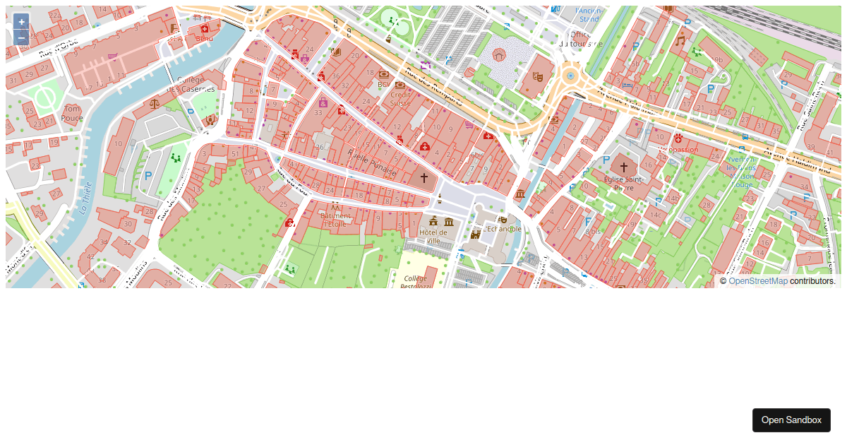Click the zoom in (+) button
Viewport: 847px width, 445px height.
pyautogui.click(x=21, y=22)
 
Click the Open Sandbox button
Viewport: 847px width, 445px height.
pyautogui.click(x=791, y=420)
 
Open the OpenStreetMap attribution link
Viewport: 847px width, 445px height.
pyautogui.click(x=757, y=281)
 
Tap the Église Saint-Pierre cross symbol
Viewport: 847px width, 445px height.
pyautogui.click(x=623, y=167)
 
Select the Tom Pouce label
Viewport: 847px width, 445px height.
pyautogui.click(x=72, y=113)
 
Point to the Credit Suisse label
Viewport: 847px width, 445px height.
pyautogui.click(x=400, y=98)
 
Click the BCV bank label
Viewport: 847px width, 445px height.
pyautogui.click(x=384, y=84)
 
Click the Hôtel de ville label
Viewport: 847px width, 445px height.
pyautogui.click(x=433, y=236)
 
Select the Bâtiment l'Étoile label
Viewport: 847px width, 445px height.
pyautogui.click(x=335, y=219)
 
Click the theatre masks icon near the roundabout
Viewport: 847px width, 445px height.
pyautogui.click(x=537, y=76)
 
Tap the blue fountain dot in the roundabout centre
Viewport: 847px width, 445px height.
pyautogui.click(x=570, y=76)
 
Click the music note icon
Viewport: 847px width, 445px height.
pyautogui.click(x=680, y=40)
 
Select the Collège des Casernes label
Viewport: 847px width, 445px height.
pyautogui.click(x=191, y=85)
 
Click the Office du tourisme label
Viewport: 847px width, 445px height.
pyautogui.click(x=580, y=39)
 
